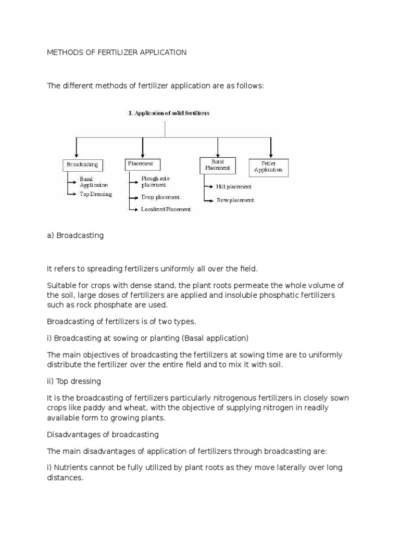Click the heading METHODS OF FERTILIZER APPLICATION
click(x=117, y=53)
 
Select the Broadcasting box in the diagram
click(x=82, y=165)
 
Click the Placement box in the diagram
click(x=142, y=164)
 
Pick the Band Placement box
click(x=218, y=165)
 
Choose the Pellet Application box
click(x=268, y=167)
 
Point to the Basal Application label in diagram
click(x=94, y=182)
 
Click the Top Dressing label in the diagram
click(x=96, y=194)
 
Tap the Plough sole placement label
click(x=155, y=182)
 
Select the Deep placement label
click(x=160, y=197)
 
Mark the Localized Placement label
click(x=166, y=209)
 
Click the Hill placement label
click(x=234, y=186)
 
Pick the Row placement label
click(x=235, y=200)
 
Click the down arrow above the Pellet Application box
click(x=270, y=147)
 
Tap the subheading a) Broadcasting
click(x=76, y=235)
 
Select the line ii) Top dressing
click(x=74, y=382)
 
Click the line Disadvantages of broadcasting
click(x=103, y=434)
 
